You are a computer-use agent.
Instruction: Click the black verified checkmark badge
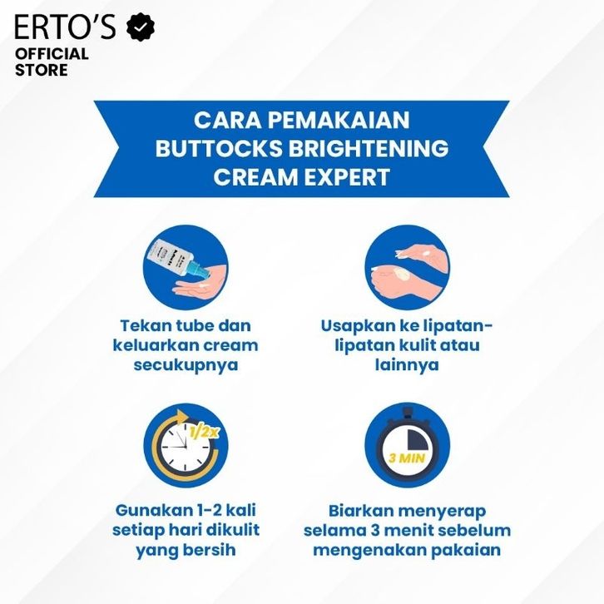coord(141,27)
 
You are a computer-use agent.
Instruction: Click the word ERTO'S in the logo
coord(65,27)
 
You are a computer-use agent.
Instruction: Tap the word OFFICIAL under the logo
coord(52,53)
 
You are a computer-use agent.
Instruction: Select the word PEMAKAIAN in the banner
coord(339,120)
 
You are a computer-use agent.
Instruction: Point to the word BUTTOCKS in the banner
coord(219,148)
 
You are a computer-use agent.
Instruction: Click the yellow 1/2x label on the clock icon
coord(205,432)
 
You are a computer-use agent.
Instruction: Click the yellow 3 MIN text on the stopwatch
coord(407,458)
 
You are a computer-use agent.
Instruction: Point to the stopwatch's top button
coord(407,413)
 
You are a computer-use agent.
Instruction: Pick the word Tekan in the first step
coord(146,326)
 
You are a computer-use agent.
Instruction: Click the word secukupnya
coord(186,364)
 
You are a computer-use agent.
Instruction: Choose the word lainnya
coord(407,364)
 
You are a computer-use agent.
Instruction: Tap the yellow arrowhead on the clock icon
coord(182,417)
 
